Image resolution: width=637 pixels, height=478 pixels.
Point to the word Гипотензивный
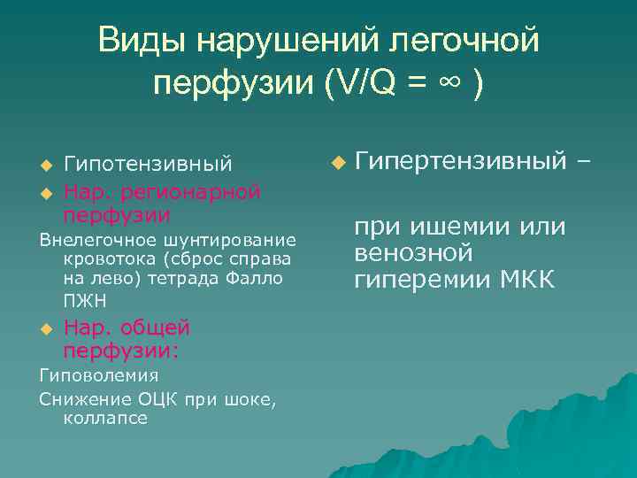click(x=149, y=165)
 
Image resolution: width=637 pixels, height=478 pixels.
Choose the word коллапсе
click(x=105, y=418)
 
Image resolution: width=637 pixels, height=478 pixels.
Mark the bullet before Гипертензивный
click(x=336, y=163)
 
